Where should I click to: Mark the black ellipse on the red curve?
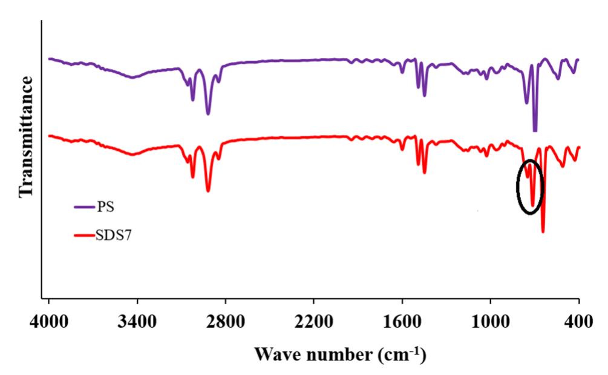coord(530,187)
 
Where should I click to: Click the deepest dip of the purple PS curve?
coord(535,130)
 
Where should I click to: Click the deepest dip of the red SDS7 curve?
coord(543,231)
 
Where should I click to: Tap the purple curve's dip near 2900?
coord(208,113)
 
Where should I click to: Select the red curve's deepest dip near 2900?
coord(208,191)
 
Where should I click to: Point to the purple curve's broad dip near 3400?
coord(134,78)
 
